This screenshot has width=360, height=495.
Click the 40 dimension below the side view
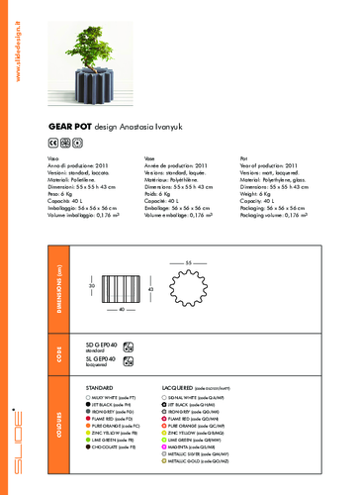coord(119,311)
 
